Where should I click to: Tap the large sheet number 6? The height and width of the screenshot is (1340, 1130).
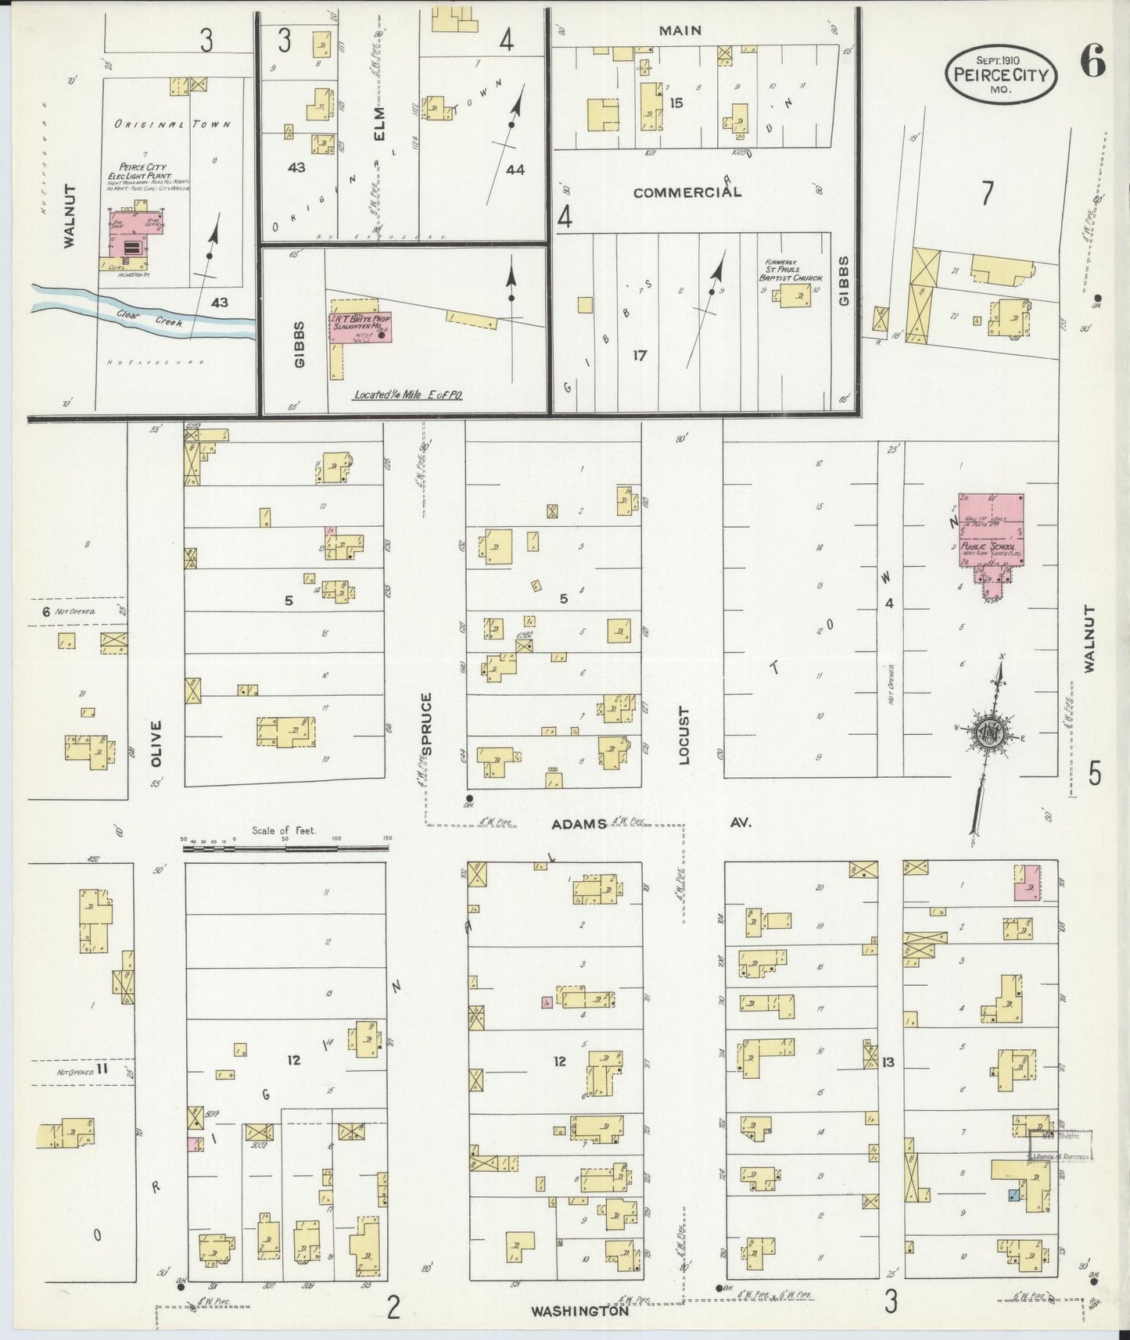pos(1092,62)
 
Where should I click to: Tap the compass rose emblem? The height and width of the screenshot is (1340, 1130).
pos(991,734)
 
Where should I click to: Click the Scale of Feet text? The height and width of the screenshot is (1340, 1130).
pos(284,830)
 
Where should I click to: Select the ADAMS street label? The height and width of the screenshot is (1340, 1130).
pos(579,824)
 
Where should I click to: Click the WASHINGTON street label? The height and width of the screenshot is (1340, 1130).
pos(579,1311)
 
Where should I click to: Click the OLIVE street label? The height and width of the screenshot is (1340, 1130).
pos(155,742)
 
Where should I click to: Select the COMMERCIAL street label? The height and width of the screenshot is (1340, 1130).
pos(687,192)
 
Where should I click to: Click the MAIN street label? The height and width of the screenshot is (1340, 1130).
pos(680,30)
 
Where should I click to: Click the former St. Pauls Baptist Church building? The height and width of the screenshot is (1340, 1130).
pos(795,296)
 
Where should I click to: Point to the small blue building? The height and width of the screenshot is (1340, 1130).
pos(1013,1194)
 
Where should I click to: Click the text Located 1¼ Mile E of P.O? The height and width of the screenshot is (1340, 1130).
pos(407,395)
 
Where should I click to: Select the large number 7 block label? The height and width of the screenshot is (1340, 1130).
pos(988,193)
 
